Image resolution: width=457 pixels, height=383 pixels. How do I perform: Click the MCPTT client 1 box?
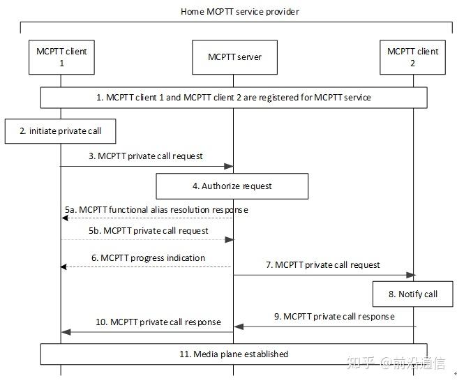[61, 57]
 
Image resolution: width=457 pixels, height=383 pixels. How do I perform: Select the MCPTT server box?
[234, 57]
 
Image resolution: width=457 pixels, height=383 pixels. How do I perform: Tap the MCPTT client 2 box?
[412, 57]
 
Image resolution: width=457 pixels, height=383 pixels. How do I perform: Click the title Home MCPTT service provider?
[239, 12]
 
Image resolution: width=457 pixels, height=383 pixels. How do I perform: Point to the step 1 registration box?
[233, 98]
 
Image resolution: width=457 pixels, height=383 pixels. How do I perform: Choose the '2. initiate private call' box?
[59, 130]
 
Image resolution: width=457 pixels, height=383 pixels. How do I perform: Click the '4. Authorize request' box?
[232, 186]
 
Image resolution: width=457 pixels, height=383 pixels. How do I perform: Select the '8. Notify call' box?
[412, 294]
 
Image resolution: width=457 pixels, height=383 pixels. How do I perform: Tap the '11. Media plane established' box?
[233, 354]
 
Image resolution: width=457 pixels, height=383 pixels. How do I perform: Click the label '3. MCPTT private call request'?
[145, 156]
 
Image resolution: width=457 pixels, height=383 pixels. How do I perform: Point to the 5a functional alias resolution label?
[156, 209]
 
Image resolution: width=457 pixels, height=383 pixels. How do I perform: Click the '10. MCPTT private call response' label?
[158, 322]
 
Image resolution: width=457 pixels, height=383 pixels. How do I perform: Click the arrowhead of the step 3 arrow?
[229, 166]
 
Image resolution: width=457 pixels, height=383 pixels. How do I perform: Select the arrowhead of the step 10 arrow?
[65, 332]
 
